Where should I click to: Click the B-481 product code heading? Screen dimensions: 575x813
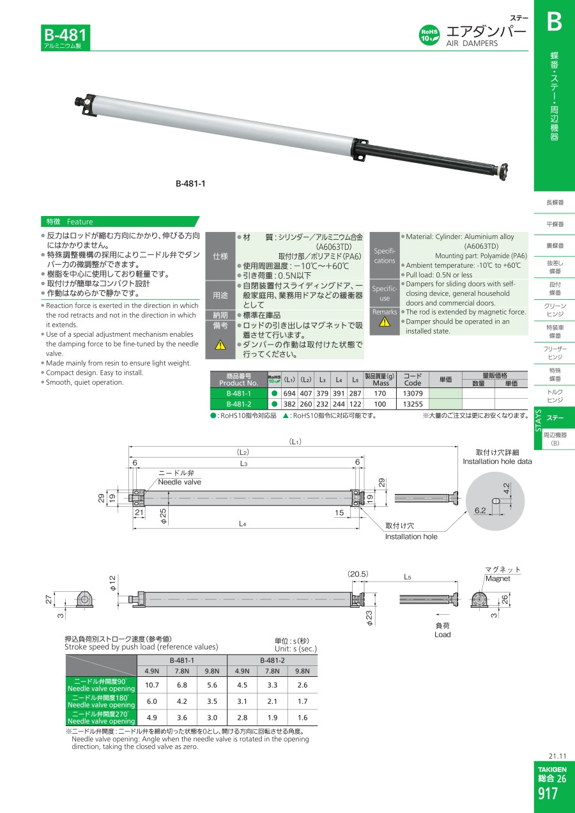pos(65,35)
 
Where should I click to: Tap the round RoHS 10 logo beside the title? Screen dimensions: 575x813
pos(429,35)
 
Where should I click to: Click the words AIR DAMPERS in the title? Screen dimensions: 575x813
pos(471,43)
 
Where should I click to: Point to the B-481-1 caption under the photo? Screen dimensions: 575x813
pos(190,183)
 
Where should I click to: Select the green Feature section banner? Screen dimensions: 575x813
pos(119,221)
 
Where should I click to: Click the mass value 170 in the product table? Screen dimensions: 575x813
pos(380,394)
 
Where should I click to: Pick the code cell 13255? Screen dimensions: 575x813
pos(413,404)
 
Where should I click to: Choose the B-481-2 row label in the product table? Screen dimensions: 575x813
pos(239,404)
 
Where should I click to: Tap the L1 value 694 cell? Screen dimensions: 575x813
pos(289,394)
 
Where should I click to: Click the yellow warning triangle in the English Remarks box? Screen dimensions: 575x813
pos(385,321)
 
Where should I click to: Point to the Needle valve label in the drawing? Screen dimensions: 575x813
pos(180,482)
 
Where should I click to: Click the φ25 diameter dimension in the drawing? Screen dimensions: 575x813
pos(164,516)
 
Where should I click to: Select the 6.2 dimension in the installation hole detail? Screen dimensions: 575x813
pos(480,510)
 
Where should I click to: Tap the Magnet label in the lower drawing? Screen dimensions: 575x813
pos(498,578)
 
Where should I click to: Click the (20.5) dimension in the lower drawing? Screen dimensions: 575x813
pos(358,574)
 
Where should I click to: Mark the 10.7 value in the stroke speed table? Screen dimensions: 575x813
pos(152,685)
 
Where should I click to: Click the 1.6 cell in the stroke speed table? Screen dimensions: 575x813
pos(302,718)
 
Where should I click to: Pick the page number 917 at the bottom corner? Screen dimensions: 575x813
pos(548,794)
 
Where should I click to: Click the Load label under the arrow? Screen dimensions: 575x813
pos(443,635)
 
